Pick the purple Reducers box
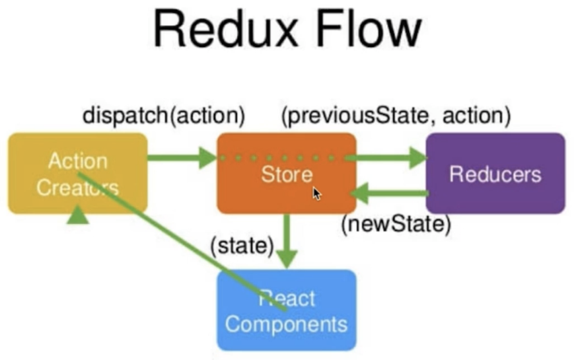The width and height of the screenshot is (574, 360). pos(495,174)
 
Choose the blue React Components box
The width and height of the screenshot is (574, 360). pos(286,310)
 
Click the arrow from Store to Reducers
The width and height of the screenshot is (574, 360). pos(386,158)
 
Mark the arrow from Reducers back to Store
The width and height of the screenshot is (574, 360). pos(390,194)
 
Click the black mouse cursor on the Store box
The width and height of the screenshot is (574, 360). pos(317,193)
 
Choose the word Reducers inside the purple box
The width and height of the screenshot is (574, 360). pos(495,174)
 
